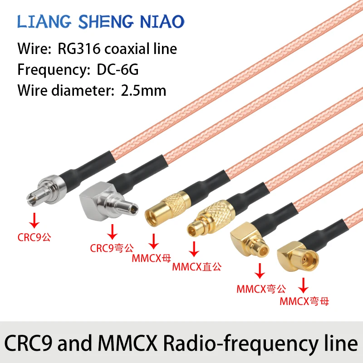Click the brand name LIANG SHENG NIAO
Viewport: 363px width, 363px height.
click(x=100, y=21)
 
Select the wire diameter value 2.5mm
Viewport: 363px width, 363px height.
click(x=144, y=90)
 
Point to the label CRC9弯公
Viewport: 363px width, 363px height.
click(x=111, y=248)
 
